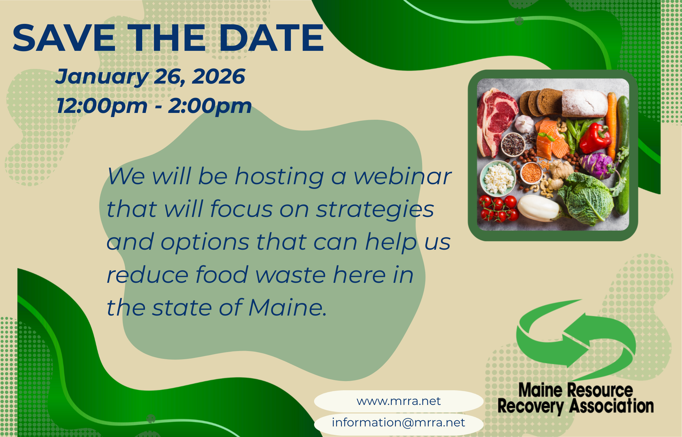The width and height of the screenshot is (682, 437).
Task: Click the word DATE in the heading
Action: tap(271, 38)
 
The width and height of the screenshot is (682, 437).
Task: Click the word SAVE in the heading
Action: tap(64, 38)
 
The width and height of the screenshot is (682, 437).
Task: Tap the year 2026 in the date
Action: tap(219, 76)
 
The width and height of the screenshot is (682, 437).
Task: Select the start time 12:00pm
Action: tap(102, 105)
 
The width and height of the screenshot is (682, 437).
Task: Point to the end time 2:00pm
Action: tap(210, 105)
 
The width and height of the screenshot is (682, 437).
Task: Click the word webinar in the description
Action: tap(402, 176)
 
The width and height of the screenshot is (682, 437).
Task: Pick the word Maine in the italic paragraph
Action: tap(287, 307)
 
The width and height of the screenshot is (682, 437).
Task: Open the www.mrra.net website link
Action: tap(399, 401)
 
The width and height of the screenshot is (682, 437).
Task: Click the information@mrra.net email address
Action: tap(398, 423)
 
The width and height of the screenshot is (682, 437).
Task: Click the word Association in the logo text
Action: tap(611, 406)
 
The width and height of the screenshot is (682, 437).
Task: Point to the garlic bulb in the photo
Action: tap(524, 123)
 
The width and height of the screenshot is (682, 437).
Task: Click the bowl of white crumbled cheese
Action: tap(498, 178)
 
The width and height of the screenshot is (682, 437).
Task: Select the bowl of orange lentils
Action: tap(532, 173)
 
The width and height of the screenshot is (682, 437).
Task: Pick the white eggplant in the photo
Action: tap(539, 208)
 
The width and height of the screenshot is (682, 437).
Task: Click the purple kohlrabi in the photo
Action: tap(597, 165)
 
